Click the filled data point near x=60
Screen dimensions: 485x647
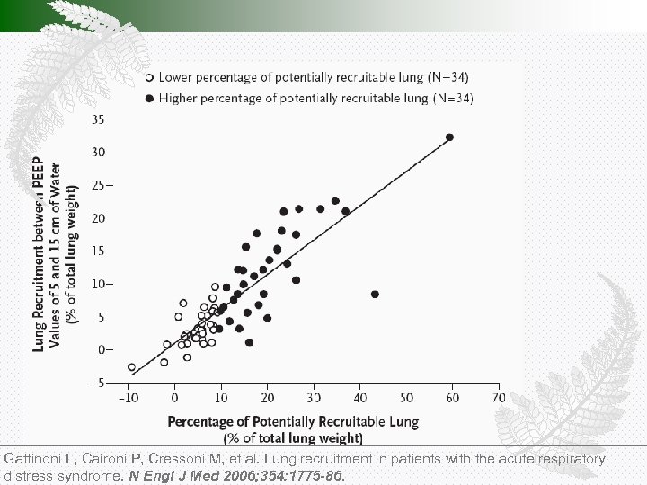[449, 137]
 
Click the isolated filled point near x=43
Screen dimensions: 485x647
[375, 294]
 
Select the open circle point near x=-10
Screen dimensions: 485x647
[132, 367]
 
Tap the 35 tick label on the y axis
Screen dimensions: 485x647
[96, 119]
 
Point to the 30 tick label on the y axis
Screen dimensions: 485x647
[96, 152]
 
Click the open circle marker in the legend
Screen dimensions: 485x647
[149, 78]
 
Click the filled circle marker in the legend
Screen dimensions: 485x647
[149, 97]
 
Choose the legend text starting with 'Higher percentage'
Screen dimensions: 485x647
[316, 97]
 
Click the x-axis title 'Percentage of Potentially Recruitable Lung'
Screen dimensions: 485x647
[293, 421]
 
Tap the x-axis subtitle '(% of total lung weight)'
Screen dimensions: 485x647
[293, 438]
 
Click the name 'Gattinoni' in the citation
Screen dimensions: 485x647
[31, 459]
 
